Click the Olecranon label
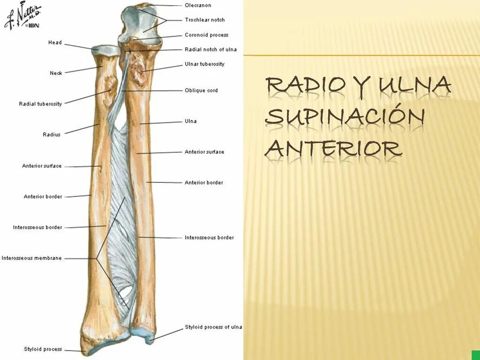pyautogui.click(x=198, y=6)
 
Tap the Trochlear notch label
pyautogui.click(x=204, y=20)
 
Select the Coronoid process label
pyautogui.click(x=206, y=35)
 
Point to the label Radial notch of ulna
pyautogui.click(x=210, y=50)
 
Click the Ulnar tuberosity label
pyautogui.click(x=204, y=64)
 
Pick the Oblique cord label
pyautogui.click(x=201, y=90)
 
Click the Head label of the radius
pyautogui.click(x=55, y=43)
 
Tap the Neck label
pyautogui.click(x=56, y=73)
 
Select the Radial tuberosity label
pyautogui.click(x=40, y=104)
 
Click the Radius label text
pyautogui.click(x=52, y=135)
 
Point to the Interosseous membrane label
pyautogui.click(x=31, y=258)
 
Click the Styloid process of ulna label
pyautogui.click(x=213, y=327)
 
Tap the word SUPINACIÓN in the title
pyautogui.click(x=345, y=117)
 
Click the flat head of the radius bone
pyautogui.click(x=107, y=49)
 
